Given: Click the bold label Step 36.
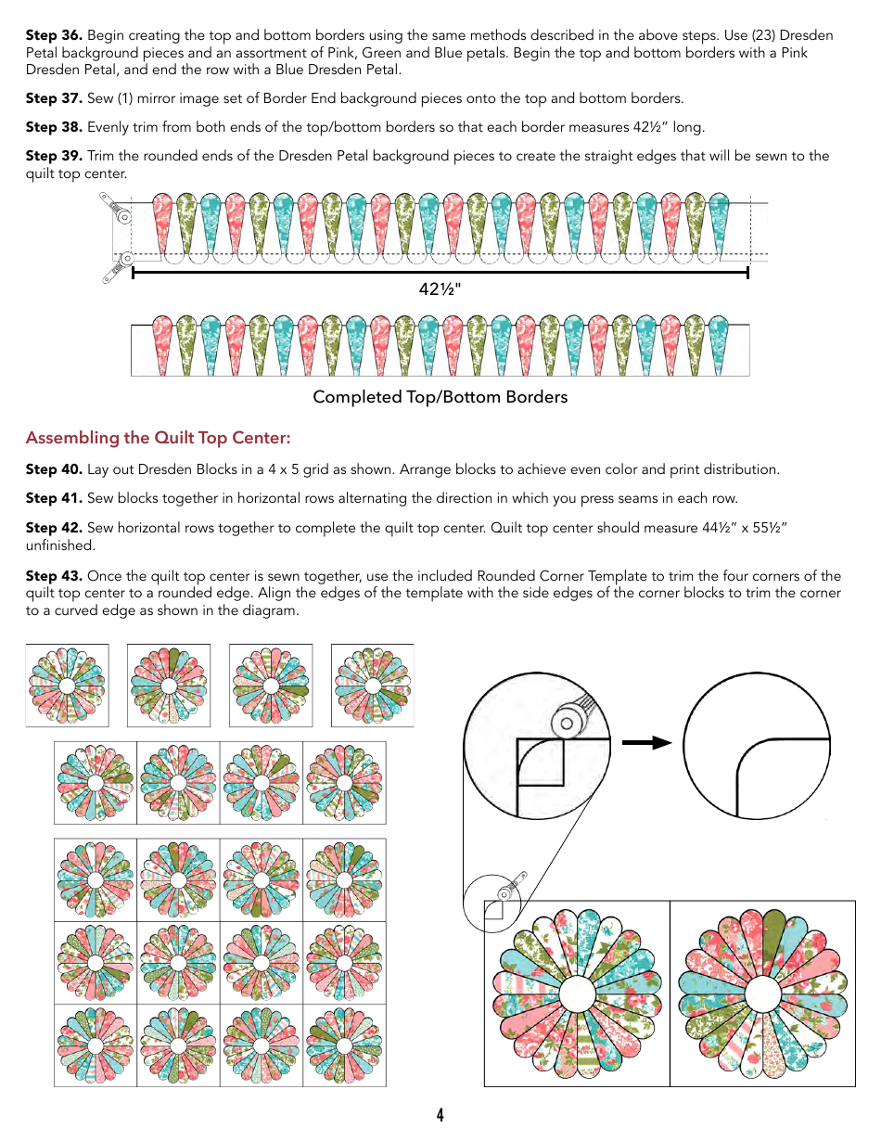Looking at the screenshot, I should point(54,35).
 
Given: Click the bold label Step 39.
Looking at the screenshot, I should point(54,156).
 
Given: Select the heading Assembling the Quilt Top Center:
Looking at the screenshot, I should point(158,438).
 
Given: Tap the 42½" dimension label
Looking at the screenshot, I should point(440,289).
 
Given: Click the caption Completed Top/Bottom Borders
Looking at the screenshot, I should point(440,397).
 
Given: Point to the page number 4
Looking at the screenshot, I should point(440,1115).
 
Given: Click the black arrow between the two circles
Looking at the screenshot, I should point(646,742).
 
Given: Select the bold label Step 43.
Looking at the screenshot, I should point(54,576).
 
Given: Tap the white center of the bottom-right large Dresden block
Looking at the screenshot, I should point(762,994).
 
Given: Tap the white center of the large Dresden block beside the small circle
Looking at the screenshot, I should point(577,994).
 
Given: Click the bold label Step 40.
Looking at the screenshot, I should point(54,469).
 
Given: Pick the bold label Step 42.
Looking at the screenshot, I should point(54,528).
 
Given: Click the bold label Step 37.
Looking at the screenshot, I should point(54,98).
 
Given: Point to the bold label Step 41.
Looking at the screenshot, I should point(54,498).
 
